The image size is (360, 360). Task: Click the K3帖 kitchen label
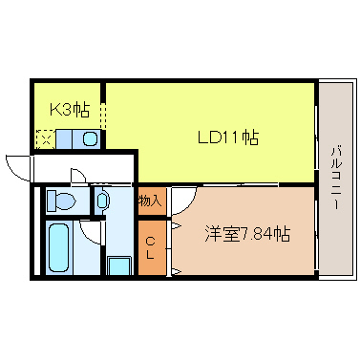70,109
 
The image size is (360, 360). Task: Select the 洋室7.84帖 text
246,233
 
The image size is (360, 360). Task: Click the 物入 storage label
150,201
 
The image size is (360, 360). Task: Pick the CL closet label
151,247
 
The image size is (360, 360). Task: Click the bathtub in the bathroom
59,247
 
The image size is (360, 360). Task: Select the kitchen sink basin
90,138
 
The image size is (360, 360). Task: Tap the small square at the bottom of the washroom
118,265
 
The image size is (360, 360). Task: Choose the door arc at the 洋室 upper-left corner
181,198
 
